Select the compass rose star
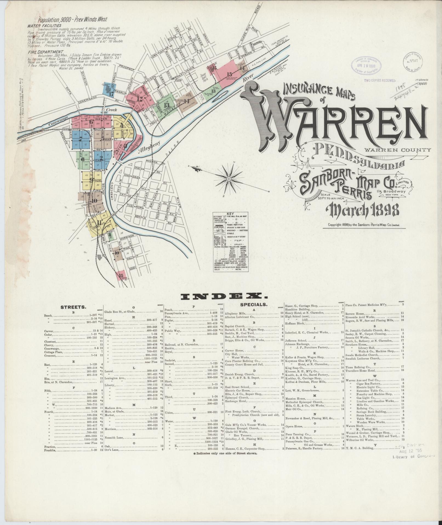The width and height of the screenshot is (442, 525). [x=228, y=178]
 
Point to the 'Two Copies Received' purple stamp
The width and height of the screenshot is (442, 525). [x=380, y=80]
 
